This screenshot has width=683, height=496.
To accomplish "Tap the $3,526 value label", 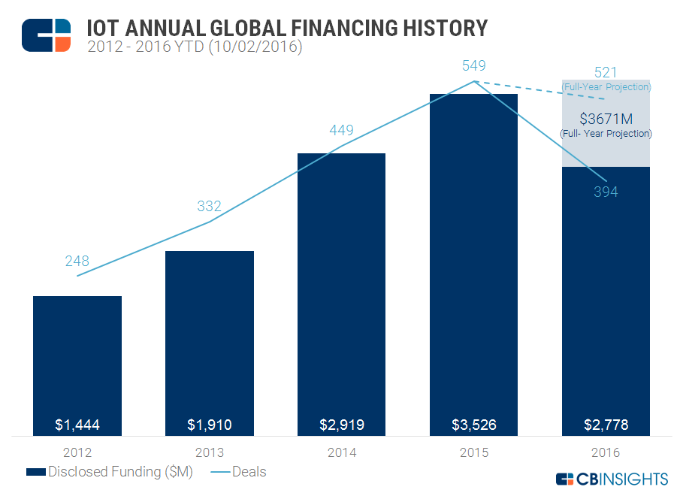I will coord(474,425).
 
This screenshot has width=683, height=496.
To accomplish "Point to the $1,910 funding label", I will coord(210,425).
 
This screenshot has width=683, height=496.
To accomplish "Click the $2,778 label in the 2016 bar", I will coord(606,425).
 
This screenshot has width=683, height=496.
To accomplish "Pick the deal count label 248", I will coord(77,262).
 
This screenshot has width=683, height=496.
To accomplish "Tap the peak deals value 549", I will coord(474,68).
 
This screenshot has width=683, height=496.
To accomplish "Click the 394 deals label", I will coord(606,192).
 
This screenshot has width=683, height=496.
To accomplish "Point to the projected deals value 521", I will coord(606,73).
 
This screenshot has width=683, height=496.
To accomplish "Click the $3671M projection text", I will coord(606,119).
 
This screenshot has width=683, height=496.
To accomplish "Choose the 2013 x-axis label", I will coord(210,453).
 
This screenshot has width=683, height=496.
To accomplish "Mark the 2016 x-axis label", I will coord(606,453).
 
